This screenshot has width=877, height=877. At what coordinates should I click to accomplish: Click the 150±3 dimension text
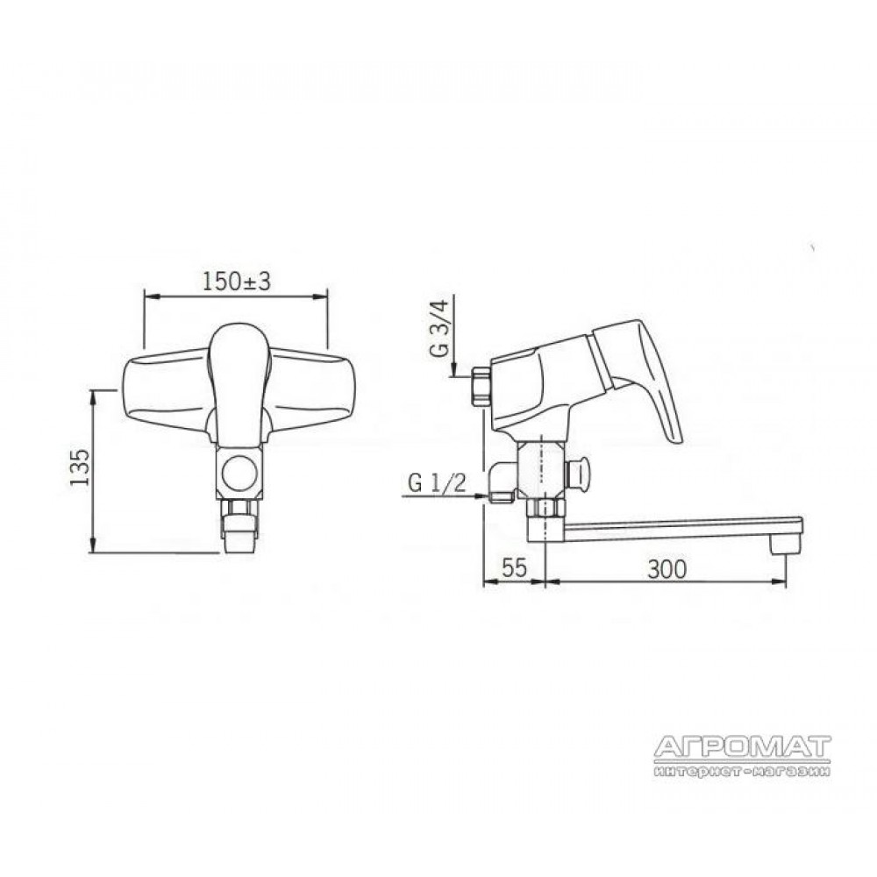(x=237, y=282)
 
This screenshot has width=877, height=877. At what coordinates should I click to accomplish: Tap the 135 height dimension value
(x=81, y=467)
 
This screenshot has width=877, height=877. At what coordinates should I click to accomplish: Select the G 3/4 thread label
(x=439, y=330)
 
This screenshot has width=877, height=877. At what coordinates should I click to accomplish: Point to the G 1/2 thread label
(x=437, y=482)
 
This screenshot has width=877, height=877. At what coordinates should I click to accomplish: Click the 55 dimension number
(x=514, y=568)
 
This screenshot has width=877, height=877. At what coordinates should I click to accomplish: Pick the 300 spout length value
(x=667, y=569)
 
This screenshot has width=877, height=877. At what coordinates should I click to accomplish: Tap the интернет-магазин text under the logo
(x=742, y=771)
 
